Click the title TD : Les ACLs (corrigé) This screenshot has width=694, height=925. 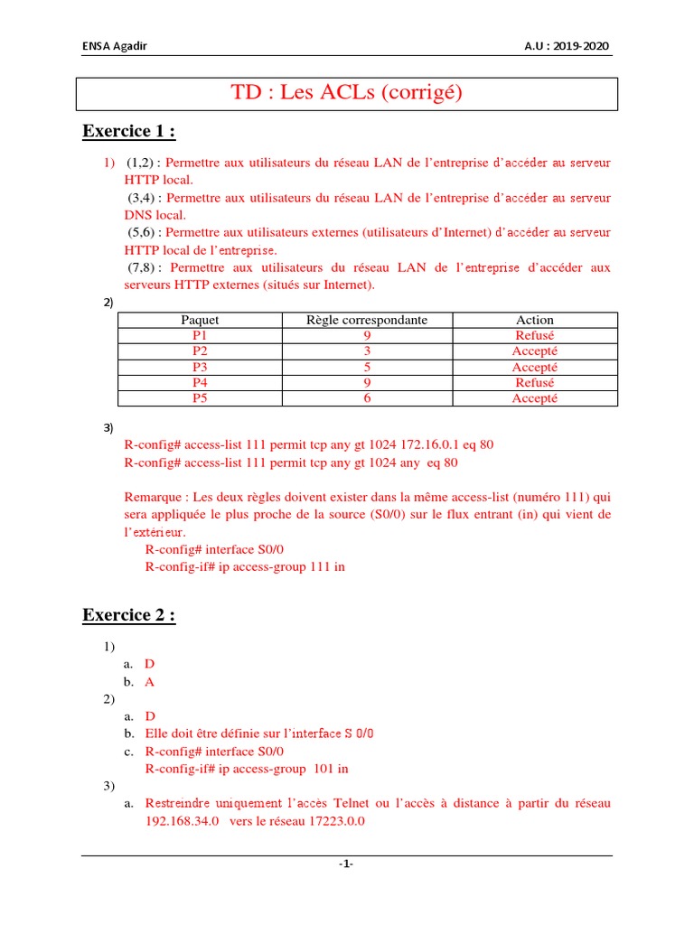(347, 93)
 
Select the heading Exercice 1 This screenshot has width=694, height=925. (128, 132)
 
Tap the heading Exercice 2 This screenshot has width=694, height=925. (128, 615)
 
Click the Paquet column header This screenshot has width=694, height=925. (200, 320)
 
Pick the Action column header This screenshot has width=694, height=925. (534, 320)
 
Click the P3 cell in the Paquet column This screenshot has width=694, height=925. (200, 368)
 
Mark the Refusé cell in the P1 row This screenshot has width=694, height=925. (534, 335)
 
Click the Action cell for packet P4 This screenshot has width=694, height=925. (534, 383)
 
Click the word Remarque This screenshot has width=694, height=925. (153, 497)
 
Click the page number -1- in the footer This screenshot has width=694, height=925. (346, 864)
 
